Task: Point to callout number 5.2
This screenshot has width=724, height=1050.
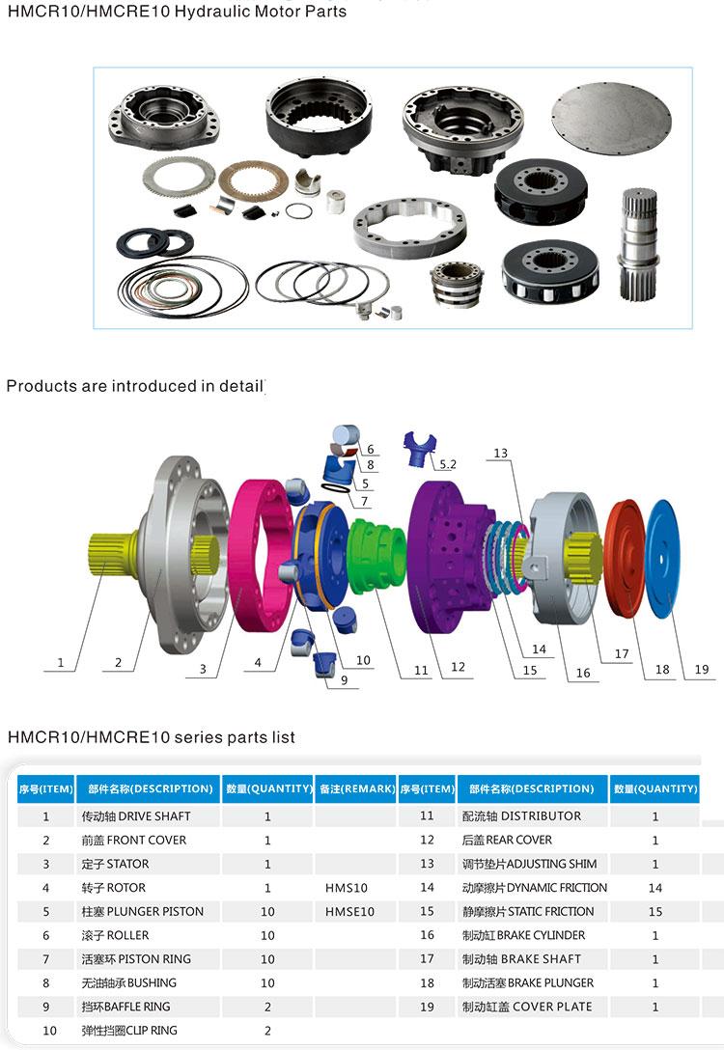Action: [x=447, y=464]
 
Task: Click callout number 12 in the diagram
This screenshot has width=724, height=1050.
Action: [x=458, y=666]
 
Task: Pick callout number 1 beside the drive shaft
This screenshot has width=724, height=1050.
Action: [x=61, y=662]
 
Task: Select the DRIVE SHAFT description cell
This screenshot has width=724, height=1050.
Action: [x=136, y=815]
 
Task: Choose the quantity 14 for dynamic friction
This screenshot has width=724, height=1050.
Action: [x=655, y=887]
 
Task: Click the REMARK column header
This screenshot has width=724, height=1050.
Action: [x=356, y=788]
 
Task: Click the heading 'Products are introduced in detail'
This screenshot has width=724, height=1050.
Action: [x=134, y=386]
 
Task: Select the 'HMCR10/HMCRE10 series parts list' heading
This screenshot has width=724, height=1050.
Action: [x=151, y=737]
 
